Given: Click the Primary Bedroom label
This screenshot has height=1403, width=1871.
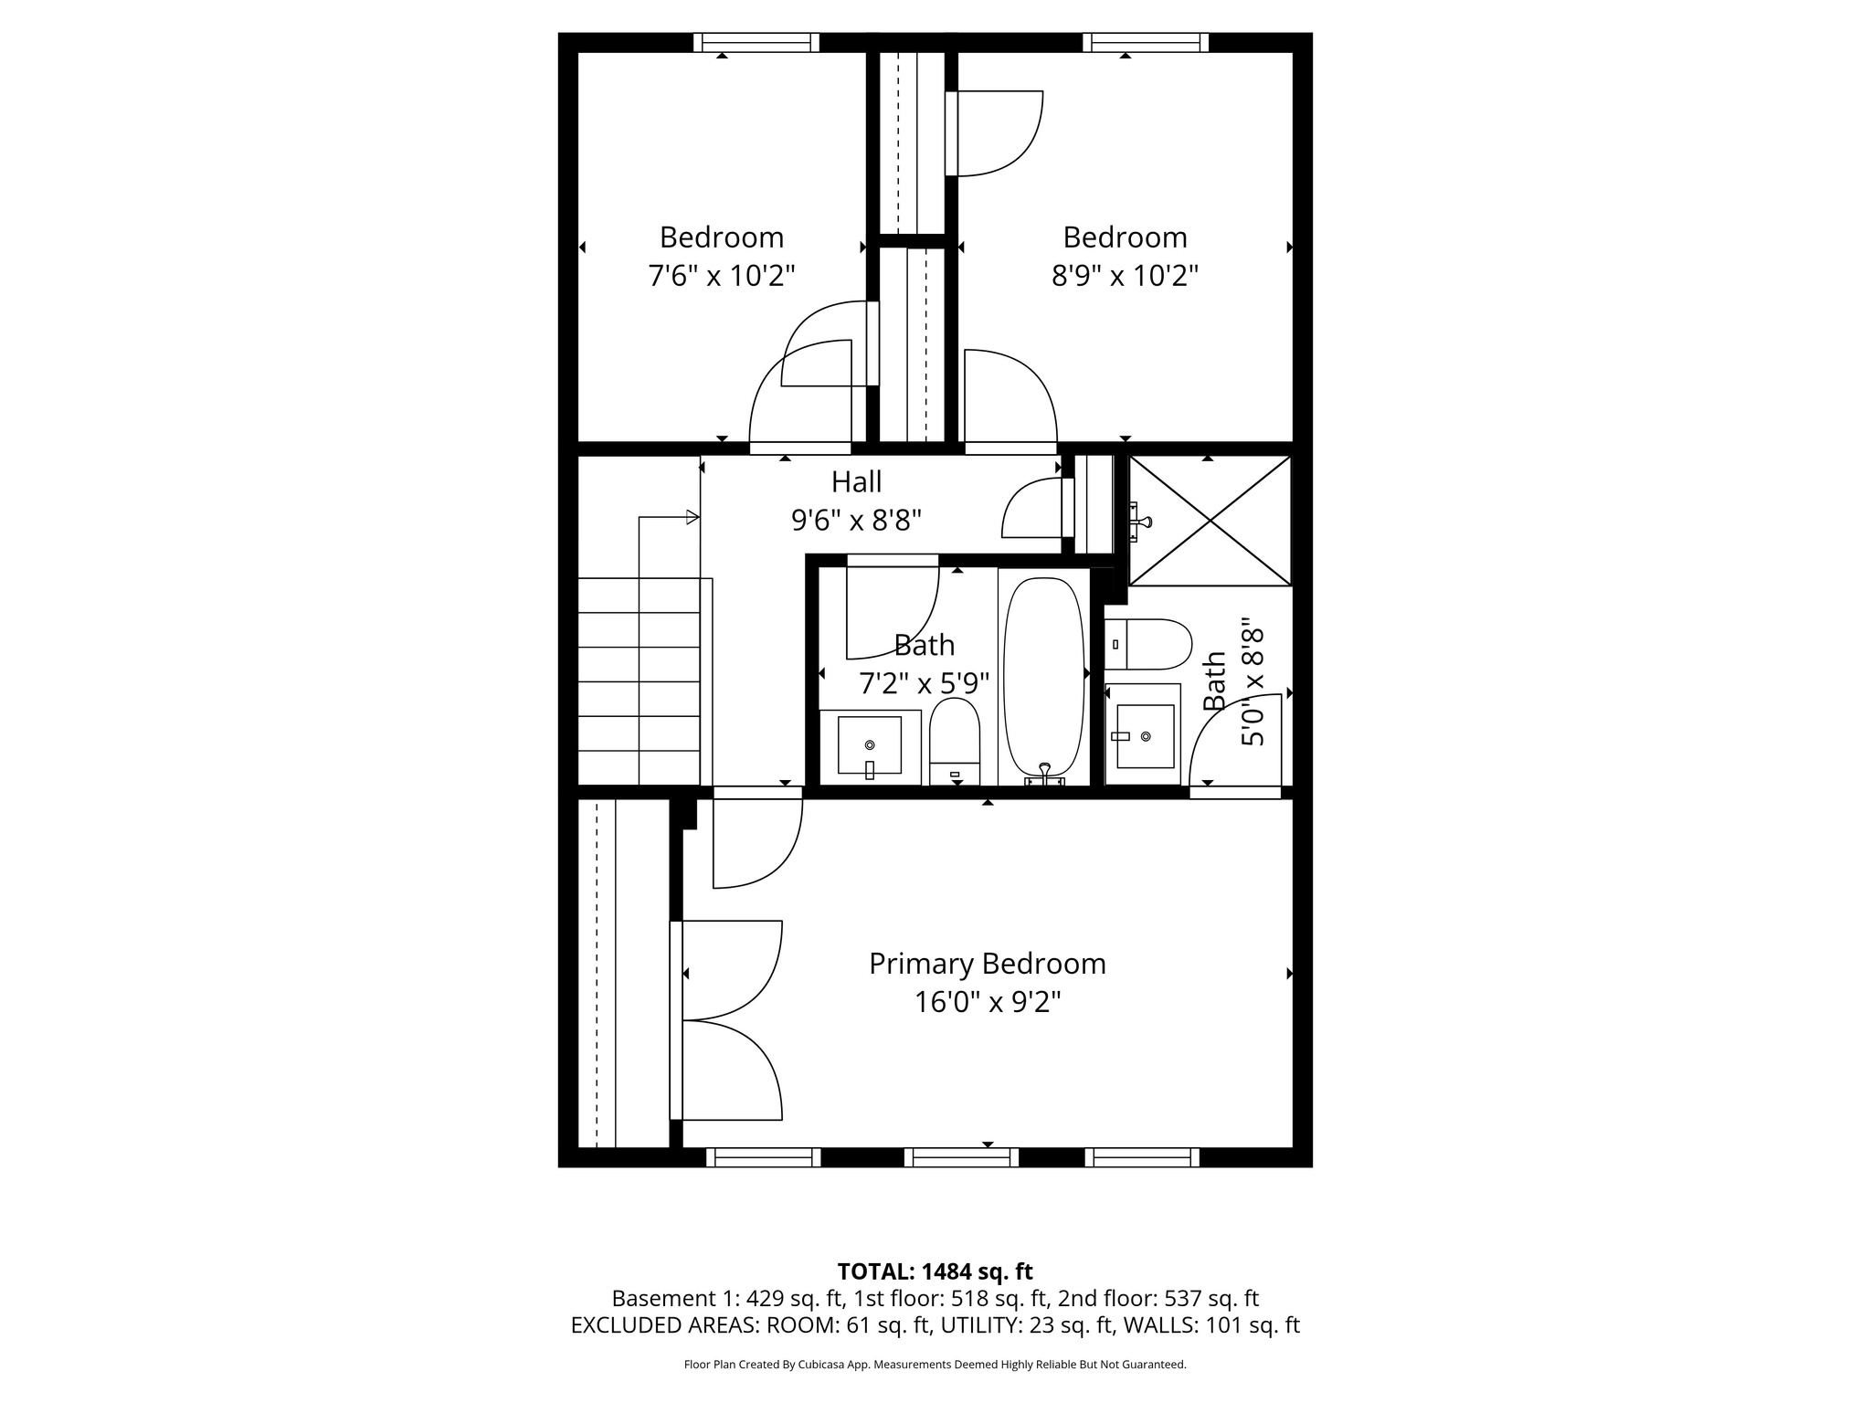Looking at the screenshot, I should click(x=987, y=964).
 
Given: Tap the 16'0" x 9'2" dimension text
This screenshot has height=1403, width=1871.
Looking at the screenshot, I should click(x=987, y=1003).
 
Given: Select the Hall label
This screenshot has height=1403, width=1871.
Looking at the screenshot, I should click(x=856, y=481).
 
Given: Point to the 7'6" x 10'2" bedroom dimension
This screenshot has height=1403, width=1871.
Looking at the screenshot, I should click(x=722, y=275).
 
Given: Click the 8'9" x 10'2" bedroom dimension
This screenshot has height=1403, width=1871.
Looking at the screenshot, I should click(x=1125, y=275).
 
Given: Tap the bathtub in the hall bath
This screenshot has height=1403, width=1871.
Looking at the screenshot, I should click(x=1044, y=676).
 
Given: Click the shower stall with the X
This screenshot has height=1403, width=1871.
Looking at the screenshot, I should click(x=1210, y=521).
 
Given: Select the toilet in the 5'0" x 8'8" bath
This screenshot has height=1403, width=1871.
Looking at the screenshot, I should click(x=1148, y=644).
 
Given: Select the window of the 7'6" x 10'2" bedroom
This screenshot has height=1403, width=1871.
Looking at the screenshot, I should click(x=756, y=42).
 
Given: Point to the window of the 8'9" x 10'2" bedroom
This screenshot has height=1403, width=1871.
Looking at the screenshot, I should click(x=1146, y=42).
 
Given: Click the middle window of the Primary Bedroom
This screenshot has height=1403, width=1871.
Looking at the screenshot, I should click(x=961, y=1157).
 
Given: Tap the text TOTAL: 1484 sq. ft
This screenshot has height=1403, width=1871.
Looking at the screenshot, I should click(x=935, y=1271).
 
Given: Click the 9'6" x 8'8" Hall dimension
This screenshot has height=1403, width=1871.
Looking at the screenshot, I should click(x=856, y=521).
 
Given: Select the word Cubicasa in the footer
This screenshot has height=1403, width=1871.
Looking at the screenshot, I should click(x=819, y=1365).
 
